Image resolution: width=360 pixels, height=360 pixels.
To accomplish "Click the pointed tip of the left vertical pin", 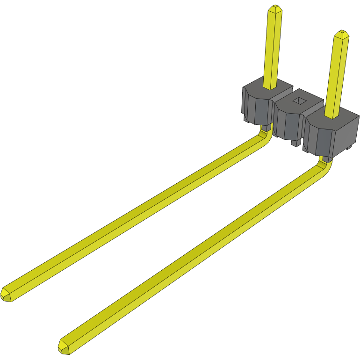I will pos(274,8).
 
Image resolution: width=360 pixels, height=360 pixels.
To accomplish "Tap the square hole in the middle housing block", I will pos(299,100).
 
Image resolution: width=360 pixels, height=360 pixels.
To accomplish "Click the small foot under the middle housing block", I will pos(295,142).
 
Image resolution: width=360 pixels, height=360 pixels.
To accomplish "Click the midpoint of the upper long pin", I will pos(136,216).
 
